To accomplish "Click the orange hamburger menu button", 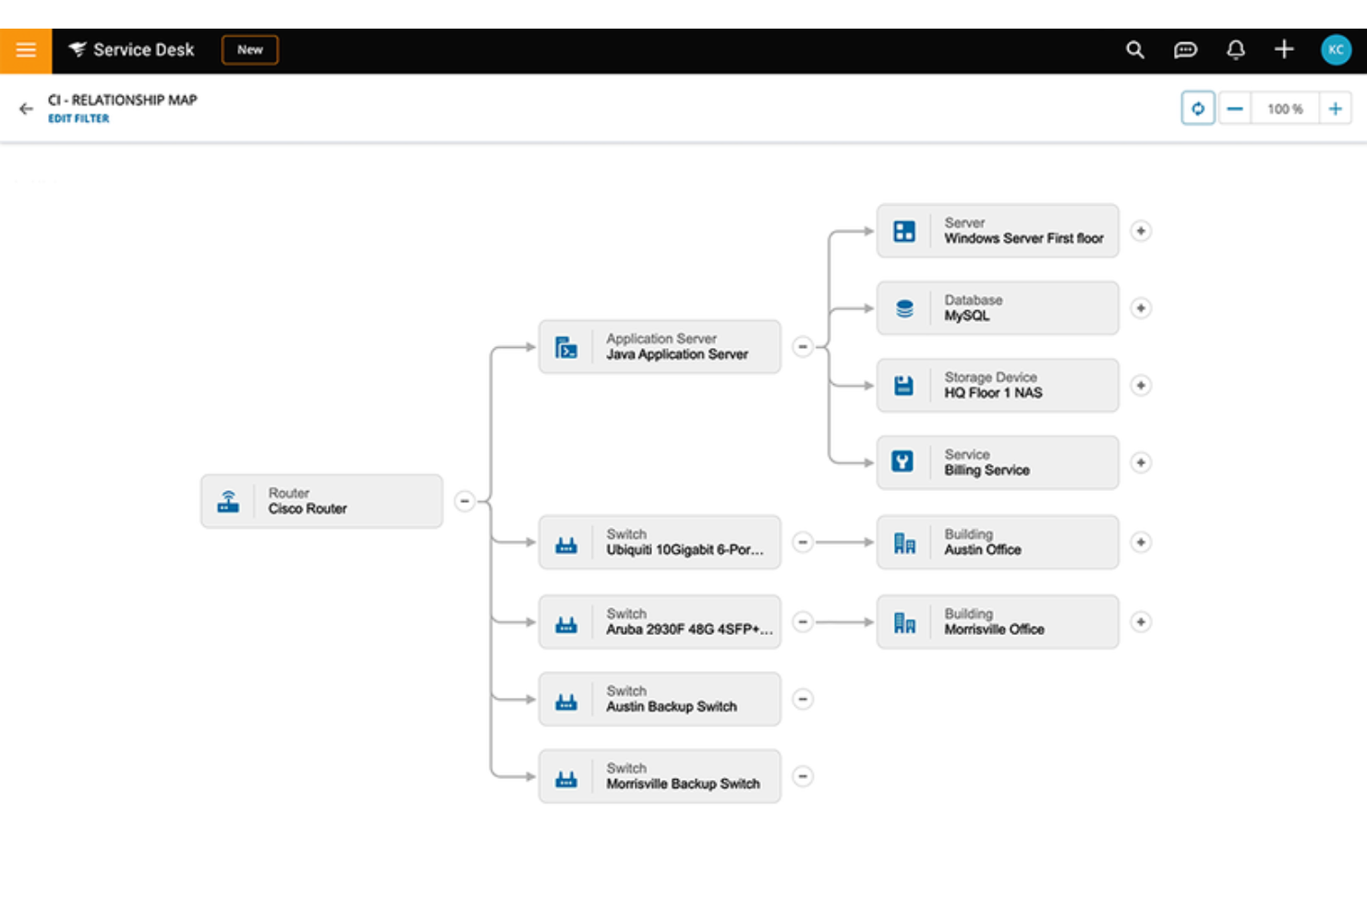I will tap(26, 50).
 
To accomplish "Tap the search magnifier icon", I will tap(1135, 50).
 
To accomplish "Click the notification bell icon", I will tap(1235, 50).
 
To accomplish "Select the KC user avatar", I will tap(1336, 50).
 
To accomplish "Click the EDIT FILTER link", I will tap(79, 118).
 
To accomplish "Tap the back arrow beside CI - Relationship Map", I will tap(26, 109).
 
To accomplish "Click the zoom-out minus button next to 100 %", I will tap(1235, 109).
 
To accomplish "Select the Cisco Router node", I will tap(321, 501).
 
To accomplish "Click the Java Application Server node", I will tap(659, 347).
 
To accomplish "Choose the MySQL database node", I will tap(998, 308).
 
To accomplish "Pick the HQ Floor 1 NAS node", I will tap(998, 385).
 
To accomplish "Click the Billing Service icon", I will tap(903, 461).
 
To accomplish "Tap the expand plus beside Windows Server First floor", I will tap(1141, 231).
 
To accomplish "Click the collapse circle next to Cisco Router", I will tap(465, 501).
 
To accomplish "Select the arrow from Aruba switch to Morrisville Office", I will tap(843, 622).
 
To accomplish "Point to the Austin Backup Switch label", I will tap(671, 707).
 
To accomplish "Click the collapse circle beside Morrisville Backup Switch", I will tap(803, 776).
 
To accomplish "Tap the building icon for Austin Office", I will tap(904, 543).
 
